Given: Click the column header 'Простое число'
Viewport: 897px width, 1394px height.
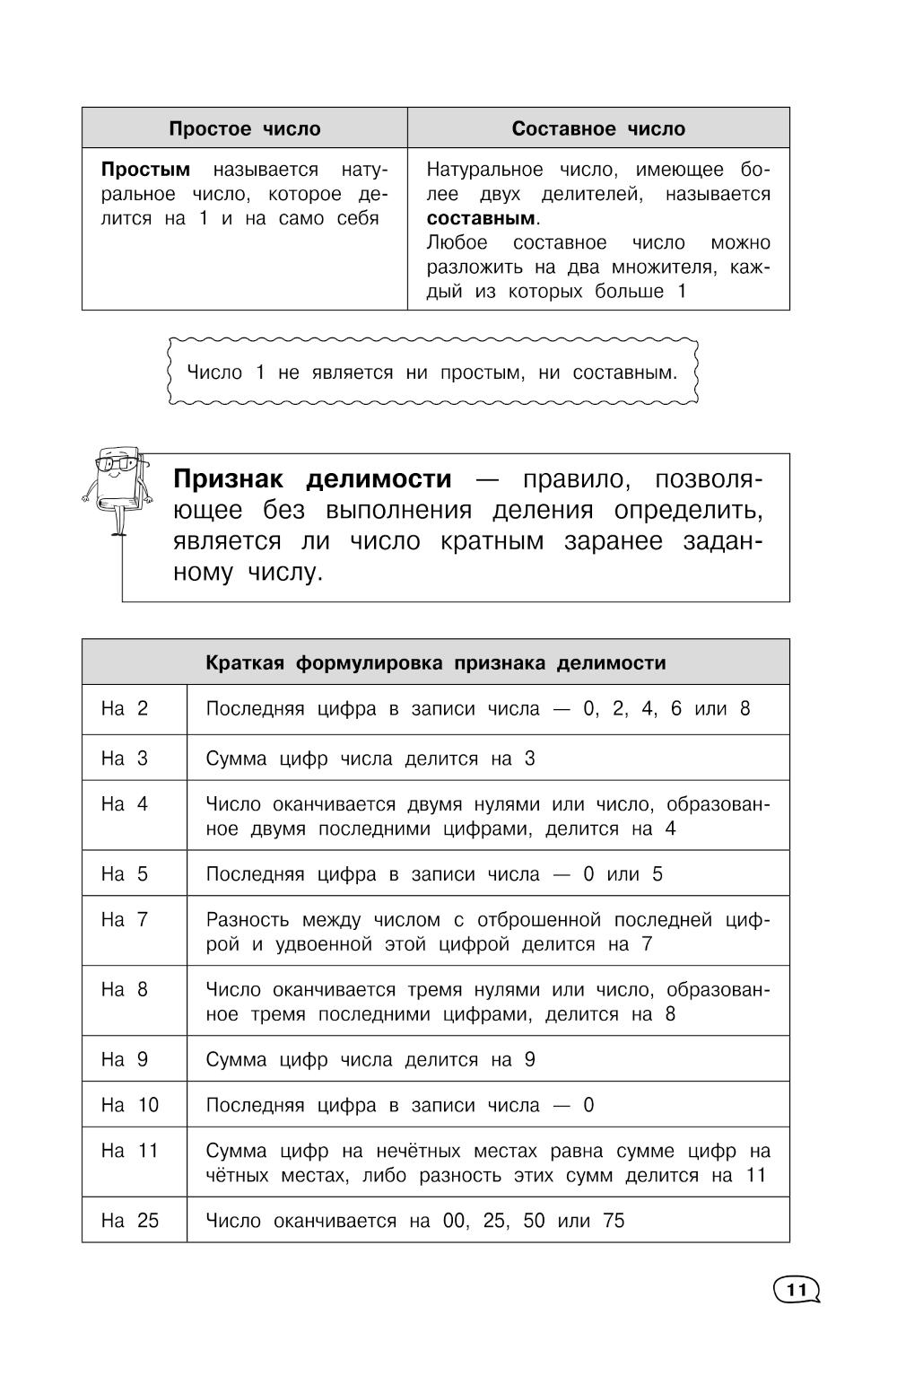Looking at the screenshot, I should (244, 128).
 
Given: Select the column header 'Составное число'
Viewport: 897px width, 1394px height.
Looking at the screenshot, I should (598, 128).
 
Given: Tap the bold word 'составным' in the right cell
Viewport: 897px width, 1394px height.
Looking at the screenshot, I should (481, 218).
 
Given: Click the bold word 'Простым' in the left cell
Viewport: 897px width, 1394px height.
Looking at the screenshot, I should (145, 170).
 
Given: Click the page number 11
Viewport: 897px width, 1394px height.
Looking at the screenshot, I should (796, 1291).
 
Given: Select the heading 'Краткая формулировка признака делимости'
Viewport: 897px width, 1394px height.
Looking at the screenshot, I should (436, 662).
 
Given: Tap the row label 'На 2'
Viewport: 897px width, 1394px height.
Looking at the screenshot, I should (125, 708).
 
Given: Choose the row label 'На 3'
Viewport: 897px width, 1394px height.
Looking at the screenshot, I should (125, 758).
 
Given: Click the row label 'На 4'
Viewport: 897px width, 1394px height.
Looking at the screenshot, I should (125, 804).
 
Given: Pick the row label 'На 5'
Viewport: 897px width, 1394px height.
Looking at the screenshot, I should (125, 874).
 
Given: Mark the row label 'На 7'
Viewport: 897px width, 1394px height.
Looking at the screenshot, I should (125, 919).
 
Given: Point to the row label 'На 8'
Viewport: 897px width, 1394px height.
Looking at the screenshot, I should (125, 989).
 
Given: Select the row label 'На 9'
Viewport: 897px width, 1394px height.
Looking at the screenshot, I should (125, 1059).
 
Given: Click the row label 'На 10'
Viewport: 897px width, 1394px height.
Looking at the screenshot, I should (130, 1105).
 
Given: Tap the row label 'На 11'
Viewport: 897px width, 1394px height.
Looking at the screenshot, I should (130, 1151).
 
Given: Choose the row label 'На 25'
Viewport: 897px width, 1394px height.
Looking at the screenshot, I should (130, 1221).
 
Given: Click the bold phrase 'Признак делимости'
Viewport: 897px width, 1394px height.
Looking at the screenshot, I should (312, 479).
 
